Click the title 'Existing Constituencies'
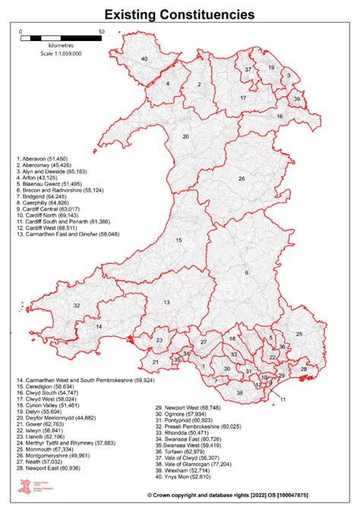[179, 14]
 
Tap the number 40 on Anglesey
[144, 59]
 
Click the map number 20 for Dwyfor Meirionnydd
[185, 137]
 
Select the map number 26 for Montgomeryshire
[242, 179]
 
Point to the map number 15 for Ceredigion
[179, 240]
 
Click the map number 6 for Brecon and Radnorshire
[246, 273]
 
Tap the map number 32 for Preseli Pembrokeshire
[77, 306]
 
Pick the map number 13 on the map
[166, 303]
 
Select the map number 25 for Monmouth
[299, 334]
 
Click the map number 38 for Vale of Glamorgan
[240, 393]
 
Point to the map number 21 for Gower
[155, 363]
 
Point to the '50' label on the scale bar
[101, 33]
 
